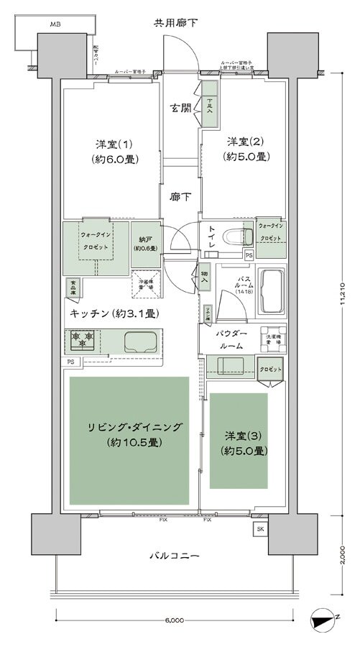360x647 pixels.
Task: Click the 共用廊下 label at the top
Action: pos(176,23)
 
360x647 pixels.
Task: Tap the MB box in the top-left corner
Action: pos(55,24)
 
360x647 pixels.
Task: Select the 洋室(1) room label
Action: pos(110,149)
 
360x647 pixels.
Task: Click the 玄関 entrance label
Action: pos(180,109)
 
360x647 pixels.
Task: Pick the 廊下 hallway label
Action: pos(180,196)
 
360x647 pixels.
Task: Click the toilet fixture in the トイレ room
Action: pos(232,237)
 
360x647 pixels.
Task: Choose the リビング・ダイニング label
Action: pos(129,433)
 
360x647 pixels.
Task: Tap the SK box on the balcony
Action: pos(259,529)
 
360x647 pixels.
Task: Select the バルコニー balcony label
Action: pos(175,556)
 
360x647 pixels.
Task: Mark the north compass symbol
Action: pos(325,618)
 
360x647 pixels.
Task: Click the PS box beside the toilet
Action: pos(249,254)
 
